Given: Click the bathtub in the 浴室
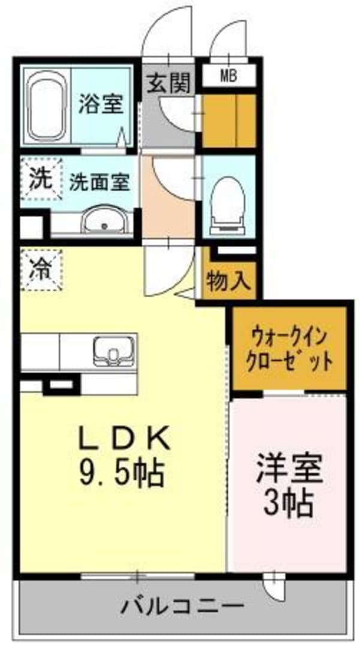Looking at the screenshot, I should click(47, 106).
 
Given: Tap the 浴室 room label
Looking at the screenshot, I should click(101, 104).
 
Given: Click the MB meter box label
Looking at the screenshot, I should click(227, 76).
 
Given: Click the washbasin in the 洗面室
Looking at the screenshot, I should click(104, 222).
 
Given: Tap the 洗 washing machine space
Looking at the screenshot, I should click(41, 178).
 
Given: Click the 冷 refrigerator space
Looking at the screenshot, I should click(41, 268).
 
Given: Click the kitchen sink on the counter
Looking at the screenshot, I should click(114, 350).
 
